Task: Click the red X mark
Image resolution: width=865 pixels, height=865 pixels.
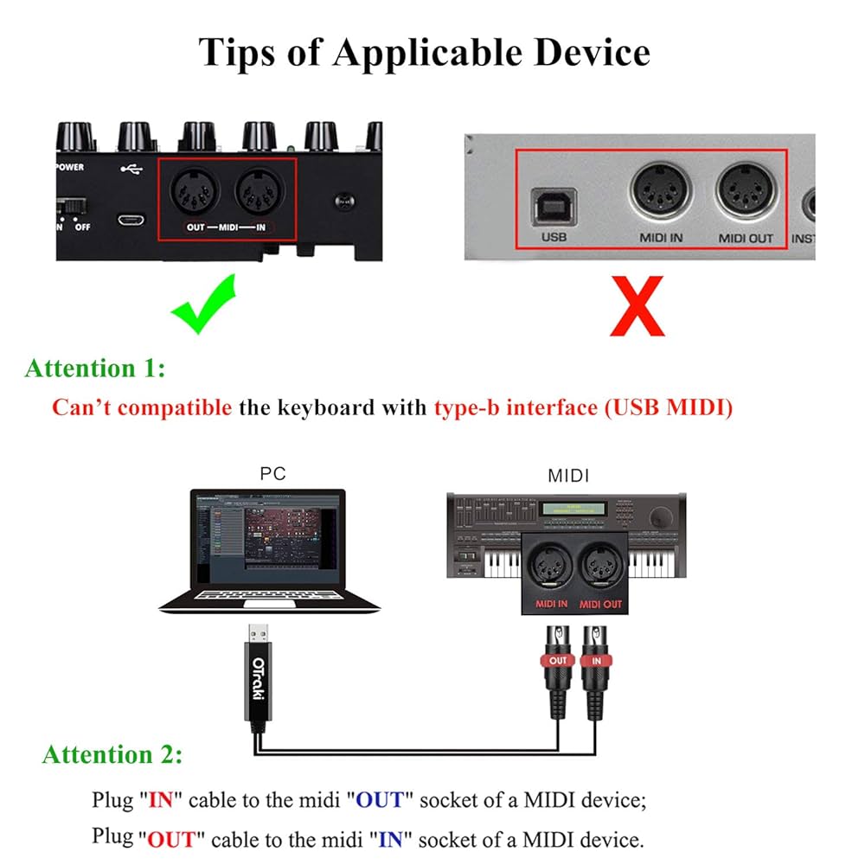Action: pos(637,305)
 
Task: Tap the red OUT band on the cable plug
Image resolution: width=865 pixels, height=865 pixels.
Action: pos(558,661)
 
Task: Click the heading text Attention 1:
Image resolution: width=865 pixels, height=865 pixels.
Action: pos(95,368)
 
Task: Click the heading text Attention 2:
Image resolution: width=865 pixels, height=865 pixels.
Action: pos(112,754)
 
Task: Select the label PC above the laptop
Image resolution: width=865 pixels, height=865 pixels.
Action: pos(272,473)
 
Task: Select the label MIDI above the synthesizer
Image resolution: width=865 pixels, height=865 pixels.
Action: pos(568,476)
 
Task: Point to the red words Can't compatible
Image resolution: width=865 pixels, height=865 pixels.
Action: pos(141,407)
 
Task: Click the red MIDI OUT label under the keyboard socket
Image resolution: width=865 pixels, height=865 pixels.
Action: pos(599,604)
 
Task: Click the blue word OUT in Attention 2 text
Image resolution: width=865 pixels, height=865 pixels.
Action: pos(380,800)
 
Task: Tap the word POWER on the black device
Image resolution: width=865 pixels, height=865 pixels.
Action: pos(70,167)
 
